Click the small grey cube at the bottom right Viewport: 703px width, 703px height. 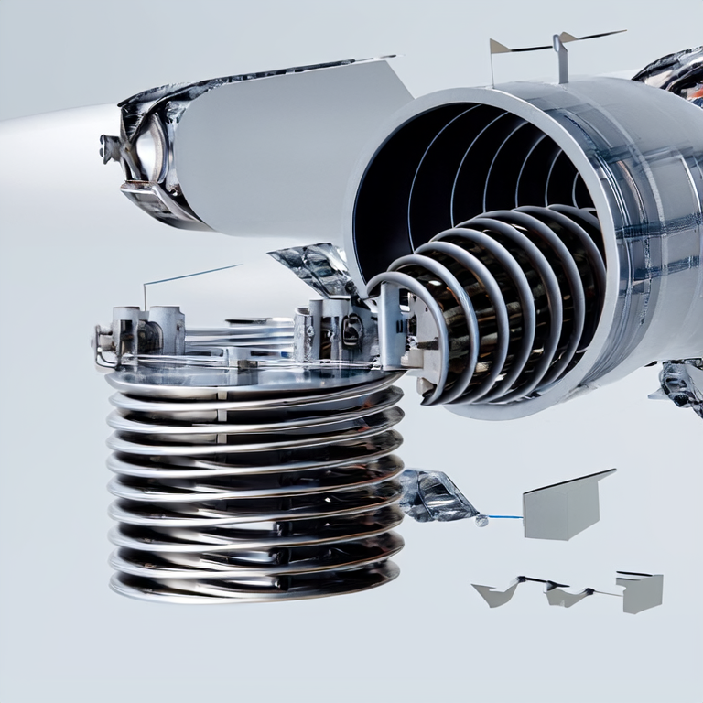(640, 591)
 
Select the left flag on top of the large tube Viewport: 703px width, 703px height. (499, 47)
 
